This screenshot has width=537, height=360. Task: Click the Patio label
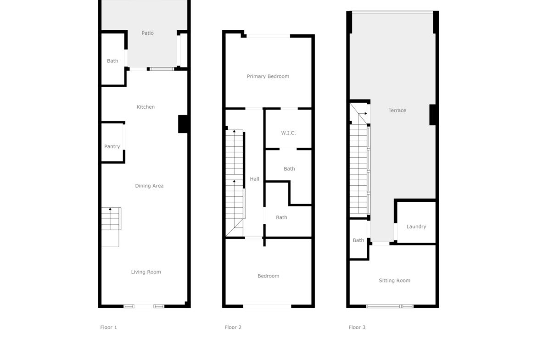(x=148, y=33)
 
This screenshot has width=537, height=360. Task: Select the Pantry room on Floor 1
(x=112, y=142)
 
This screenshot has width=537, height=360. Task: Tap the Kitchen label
(x=145, y=107)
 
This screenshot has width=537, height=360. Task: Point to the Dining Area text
(x=149, y=186)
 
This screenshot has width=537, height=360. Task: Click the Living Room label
(x=146, y=272)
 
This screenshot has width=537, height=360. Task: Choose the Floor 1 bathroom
(x=113, y=59)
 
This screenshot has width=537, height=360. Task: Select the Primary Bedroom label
(x=268, y=76)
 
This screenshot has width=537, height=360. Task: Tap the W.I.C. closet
(x=288, y=129)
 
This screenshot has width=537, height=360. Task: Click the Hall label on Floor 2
(x=254, y=179)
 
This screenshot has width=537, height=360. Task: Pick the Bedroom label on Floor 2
(x=268, y=276)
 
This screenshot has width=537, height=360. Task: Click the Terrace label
(x=397, y=110)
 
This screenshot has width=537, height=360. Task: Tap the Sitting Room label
(x=395, y=281)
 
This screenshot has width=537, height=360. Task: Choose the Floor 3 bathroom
(x=358, y=239)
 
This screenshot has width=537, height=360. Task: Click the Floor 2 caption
(x=233, y=327)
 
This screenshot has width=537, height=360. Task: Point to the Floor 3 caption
(x=357, y=327)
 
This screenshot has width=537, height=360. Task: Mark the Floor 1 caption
(x=109, y=327)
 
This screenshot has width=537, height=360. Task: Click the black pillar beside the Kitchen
(x=183, y=124)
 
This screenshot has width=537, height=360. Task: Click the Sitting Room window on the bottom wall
(x=390, y=306)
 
